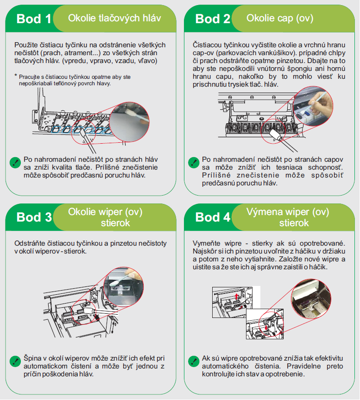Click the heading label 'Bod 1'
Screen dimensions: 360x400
[x=34, y=19]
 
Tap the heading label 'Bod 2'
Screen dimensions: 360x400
[x=213, y=19]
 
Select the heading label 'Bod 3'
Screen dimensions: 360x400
[x=34, y=217]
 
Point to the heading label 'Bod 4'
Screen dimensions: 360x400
[x=213, y=217]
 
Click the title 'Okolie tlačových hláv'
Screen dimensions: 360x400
[x=114, y=18]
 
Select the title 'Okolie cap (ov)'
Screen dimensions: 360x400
[x=280, y=18]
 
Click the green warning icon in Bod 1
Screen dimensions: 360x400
[x=15, y=163]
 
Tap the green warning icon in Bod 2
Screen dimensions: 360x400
[x=194, y=163]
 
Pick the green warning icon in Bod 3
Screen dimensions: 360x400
[x=15, y=361]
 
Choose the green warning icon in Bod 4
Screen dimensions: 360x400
[x=194, y=361]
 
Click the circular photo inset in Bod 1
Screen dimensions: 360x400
[x=130, y=122]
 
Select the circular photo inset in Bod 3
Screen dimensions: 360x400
[x=124, y=287]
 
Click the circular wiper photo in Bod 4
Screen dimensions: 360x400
[x=311, y=298]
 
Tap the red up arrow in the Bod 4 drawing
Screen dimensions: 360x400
[x=237, y=296]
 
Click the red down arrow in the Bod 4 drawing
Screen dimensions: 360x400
[x=266, y=327]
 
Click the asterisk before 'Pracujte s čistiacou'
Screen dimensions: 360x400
[x=16, y=76]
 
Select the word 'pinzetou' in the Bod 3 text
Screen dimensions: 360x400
[x=123, y=243]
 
